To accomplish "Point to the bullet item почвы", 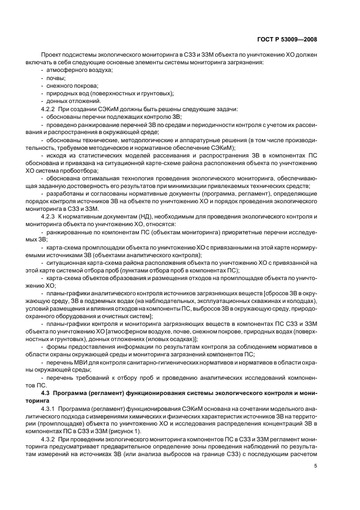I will click(55, 78).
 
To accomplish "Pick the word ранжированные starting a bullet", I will click(69, 231).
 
